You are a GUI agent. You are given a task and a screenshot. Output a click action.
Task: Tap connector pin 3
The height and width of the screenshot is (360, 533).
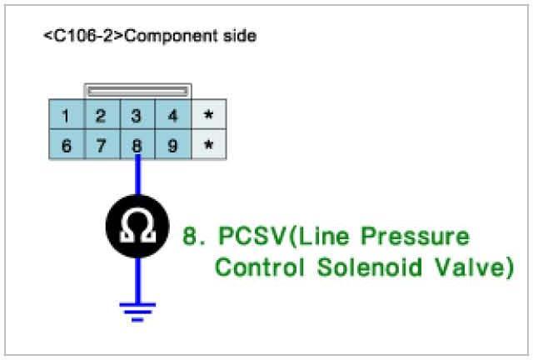[x=137, y=117]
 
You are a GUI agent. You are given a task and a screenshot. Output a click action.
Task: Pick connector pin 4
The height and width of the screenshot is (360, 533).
[x=173, y=117]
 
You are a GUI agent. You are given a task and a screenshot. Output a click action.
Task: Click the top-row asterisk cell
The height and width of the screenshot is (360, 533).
[x=209, y=117]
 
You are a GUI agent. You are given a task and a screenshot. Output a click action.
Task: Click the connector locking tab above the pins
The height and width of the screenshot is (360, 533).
[x=137, y=90]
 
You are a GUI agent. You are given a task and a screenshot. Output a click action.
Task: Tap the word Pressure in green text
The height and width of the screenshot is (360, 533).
[x=417, y=237]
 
